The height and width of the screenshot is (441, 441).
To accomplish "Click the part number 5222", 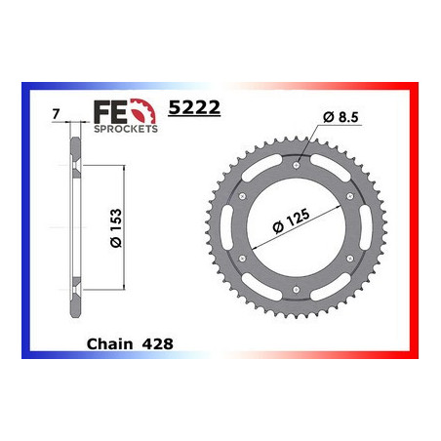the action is pyautogui.click(x=194, y=107).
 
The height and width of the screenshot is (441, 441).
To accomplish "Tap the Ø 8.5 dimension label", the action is pyautogui.click(x=341, y=117).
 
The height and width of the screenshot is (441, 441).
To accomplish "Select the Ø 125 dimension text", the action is pyautogui.click(x=291, y=220).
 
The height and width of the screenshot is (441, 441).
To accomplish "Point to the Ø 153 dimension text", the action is pyautogui.click(x=116, y=228).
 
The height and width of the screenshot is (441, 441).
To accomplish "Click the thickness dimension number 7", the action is pyautogui.click(x=56, y=114).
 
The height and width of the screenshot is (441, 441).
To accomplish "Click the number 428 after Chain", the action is pyautogui.click(x=157, y=344).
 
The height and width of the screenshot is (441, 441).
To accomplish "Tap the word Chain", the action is pyautogui.click(x=110, y=344).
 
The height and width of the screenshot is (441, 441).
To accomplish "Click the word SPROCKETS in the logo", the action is pyautogui.click(x=126, y=129).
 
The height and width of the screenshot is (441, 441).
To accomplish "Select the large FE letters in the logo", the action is pyautogui.click(x=110, y=112).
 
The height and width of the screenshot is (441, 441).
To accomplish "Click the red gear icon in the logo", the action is pyautogui.click(x=143, y=111).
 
